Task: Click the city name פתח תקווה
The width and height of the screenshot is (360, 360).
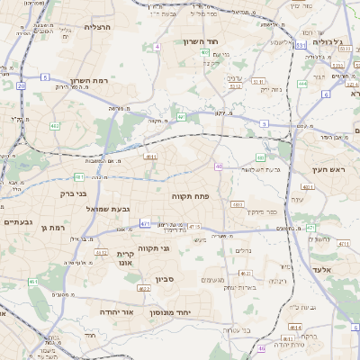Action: click(x=190, y=194)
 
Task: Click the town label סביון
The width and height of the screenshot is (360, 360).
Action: click(x=176, y=279)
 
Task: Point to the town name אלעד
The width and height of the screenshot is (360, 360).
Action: click(x=320, y=269)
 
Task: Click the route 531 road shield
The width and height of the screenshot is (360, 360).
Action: click(x=300, y=44)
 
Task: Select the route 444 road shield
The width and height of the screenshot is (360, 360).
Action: click(x=302, y=84)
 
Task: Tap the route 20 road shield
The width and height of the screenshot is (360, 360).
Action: click(x=21, y=85)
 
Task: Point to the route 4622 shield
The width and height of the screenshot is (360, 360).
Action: click(x=144, y=289)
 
